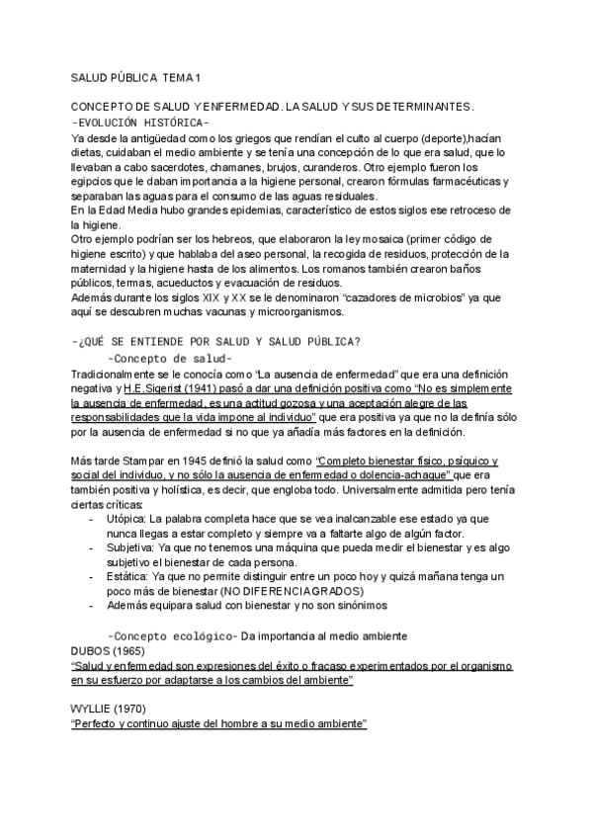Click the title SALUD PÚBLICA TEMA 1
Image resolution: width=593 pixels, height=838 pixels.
[135, 77]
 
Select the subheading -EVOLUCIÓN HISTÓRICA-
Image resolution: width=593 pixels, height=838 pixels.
[140, 123]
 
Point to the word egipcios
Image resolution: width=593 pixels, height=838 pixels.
[95, 182]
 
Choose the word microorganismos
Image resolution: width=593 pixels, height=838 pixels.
[289, 312]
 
